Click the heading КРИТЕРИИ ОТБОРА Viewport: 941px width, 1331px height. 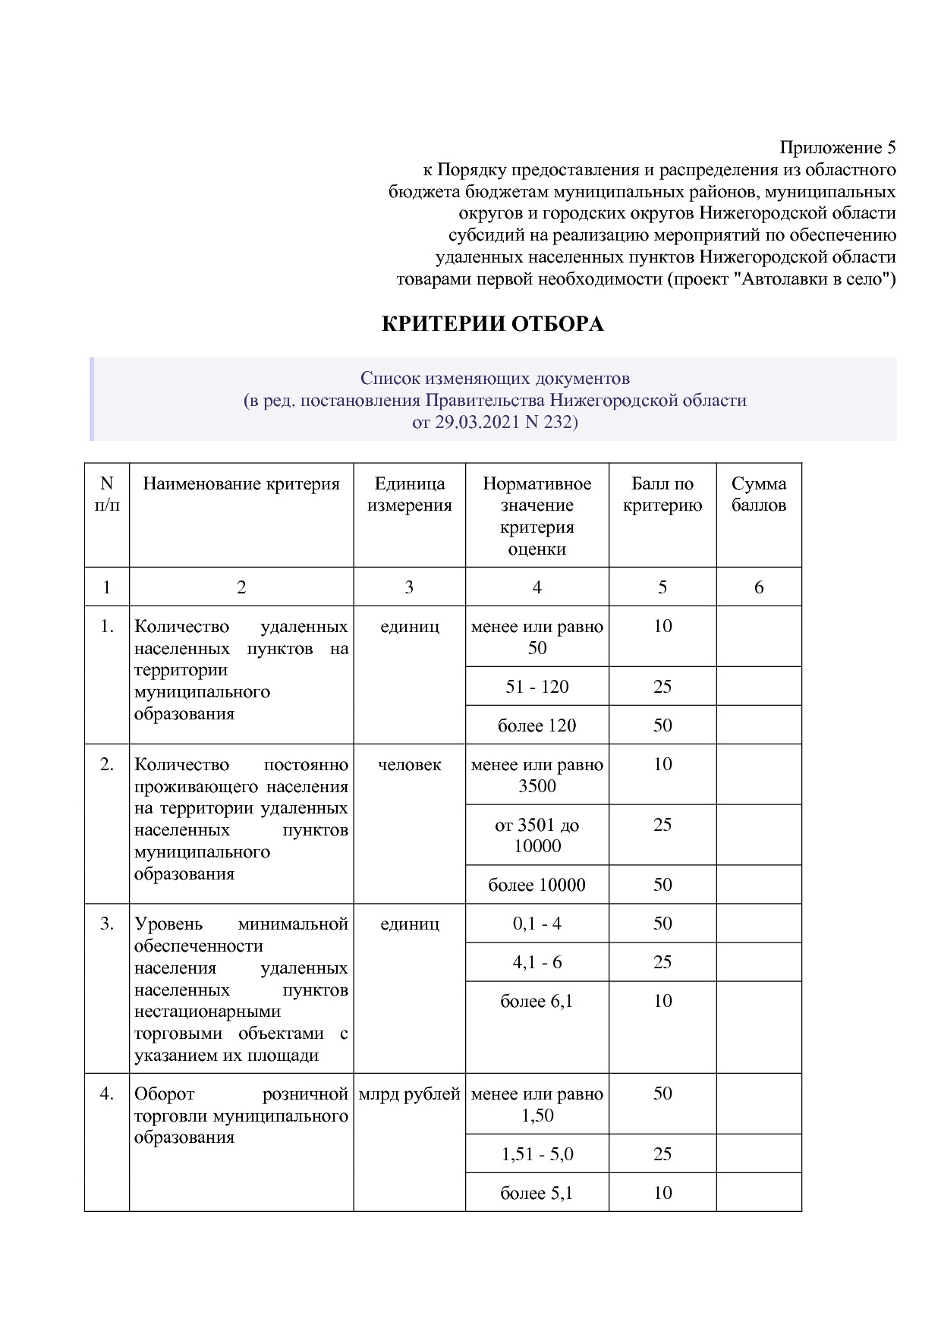coord(492,324)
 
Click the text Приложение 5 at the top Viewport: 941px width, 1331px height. coord(838,147)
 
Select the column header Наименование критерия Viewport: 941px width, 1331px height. coord(241,484)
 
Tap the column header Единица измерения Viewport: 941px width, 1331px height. coord(409,495)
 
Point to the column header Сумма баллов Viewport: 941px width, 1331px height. coord(759,495)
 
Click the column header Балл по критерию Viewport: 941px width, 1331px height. coord(662,495)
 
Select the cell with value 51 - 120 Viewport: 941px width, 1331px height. coord(537,687)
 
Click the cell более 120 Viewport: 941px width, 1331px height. coord(537,725)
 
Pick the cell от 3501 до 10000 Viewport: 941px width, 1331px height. coord(537,835)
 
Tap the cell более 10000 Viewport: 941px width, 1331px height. coord(537,885)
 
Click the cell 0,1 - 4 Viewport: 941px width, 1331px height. coord(537,924)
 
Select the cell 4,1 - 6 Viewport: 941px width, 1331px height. coord(537,962)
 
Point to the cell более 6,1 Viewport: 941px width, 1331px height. coord(537,1001)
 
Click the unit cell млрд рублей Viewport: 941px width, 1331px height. coord(409,1094)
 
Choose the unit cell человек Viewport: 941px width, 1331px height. coord(409,765)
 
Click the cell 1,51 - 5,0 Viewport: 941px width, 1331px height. coord(537,1154)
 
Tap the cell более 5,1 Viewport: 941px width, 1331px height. coord(537,1193)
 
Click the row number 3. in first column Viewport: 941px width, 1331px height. coord(107,924)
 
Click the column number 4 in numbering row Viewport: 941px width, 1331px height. coord(537,587)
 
